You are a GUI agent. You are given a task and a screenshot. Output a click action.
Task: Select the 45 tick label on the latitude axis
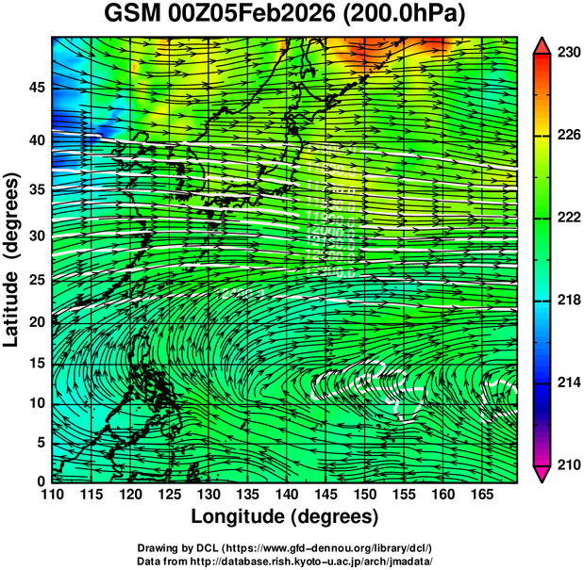35,88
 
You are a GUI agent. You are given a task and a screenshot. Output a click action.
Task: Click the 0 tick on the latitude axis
40,481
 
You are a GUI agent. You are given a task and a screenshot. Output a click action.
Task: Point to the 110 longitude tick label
52,495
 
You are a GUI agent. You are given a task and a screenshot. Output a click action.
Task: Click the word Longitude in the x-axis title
240,517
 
